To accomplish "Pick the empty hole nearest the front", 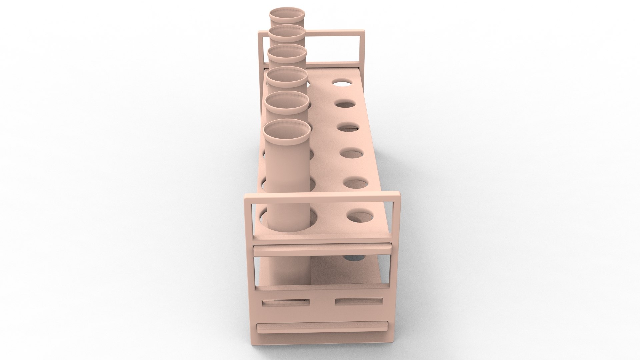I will pyautogui.click(x=361, y=216).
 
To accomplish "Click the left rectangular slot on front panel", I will pyautogui.click(x=286, y=303).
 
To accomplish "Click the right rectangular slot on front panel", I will pyautogui.click(x=358, y=301).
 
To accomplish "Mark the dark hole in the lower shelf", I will pyautogui.click(x=355, y=258).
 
